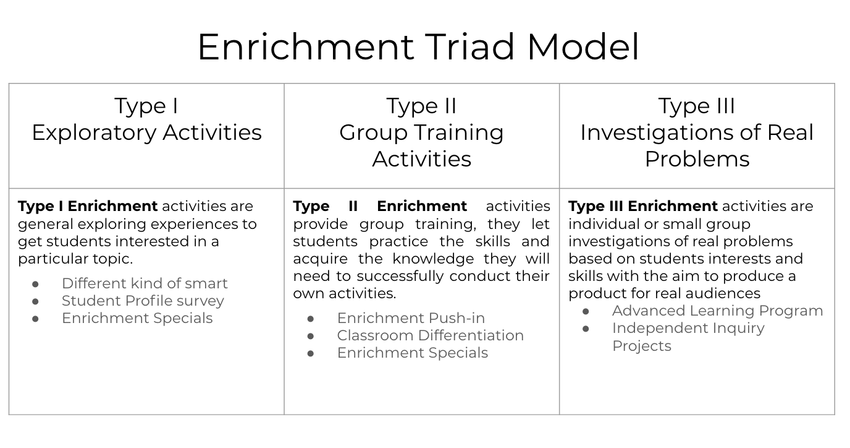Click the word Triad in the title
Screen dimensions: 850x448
click(x=469, y=47)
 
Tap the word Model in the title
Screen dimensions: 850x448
click(x=583, y=47)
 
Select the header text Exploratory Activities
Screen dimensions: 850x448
click(x=146, y=133)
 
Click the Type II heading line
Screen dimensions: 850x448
click(x=421, y=106)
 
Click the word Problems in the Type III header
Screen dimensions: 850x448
click(x=697, y=159)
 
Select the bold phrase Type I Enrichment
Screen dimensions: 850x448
click(x=88, y=206)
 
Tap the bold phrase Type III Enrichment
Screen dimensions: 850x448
click(x=643, y=206)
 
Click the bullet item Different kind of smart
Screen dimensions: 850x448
click(x=145, y=283)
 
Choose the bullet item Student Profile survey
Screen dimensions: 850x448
click(x=143, y=301)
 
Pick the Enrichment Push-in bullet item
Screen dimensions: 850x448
click(x=411, y=318)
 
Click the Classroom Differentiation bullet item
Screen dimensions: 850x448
click(x=431, y=335)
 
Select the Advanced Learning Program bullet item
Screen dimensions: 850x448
click(x=718, y=311)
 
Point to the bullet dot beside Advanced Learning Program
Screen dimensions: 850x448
click(x=586, y=312)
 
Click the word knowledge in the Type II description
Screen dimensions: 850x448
click(x=433, y=259)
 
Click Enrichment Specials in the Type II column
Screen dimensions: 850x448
click(x=413, y=353)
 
